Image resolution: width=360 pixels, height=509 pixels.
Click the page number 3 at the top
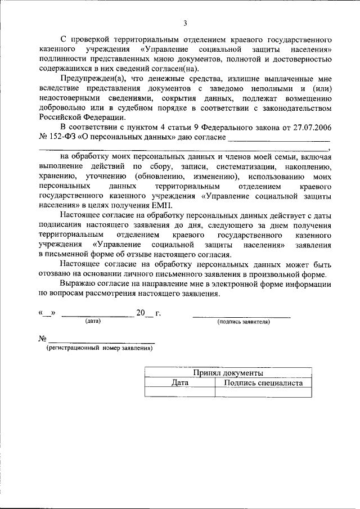tap(184, 24)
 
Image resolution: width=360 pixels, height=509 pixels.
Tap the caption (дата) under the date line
tap(93, 322)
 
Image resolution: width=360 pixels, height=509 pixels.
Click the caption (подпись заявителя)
tap(243, 322)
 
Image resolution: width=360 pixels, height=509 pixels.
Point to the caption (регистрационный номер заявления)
tap(99, 349)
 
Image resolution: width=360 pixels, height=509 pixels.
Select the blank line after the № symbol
tap(102, 341)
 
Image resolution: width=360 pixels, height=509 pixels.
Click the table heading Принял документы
tap(228, 373)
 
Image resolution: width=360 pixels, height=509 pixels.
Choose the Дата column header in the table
tap(179, 383)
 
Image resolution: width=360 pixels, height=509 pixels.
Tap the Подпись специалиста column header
tap(263, 383)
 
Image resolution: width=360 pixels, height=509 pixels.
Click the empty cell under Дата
tap(179, 392)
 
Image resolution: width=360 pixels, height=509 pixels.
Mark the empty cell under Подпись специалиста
tap(263, 392)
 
